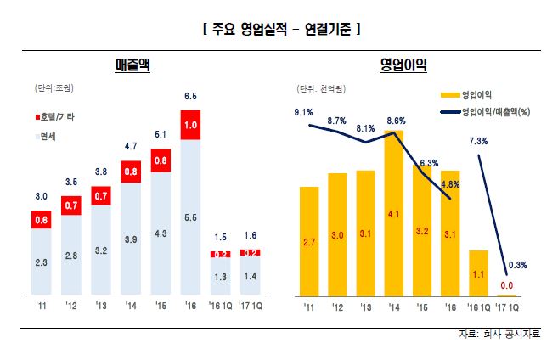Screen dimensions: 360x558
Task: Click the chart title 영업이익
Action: [403, 65]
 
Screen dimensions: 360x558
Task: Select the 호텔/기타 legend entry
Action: [57, 115]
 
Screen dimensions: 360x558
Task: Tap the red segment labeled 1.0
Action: [191, 125]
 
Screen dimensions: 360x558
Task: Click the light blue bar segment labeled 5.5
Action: [191, 217]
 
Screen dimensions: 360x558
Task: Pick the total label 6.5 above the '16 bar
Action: [191, 96]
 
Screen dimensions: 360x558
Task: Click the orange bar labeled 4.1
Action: [393, 214]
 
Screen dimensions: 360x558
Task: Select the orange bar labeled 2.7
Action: [309, 242]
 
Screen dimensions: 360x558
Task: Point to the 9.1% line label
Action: [303, 112]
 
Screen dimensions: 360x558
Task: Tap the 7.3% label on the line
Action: [476, 141]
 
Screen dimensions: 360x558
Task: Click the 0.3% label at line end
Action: [518, 265]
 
